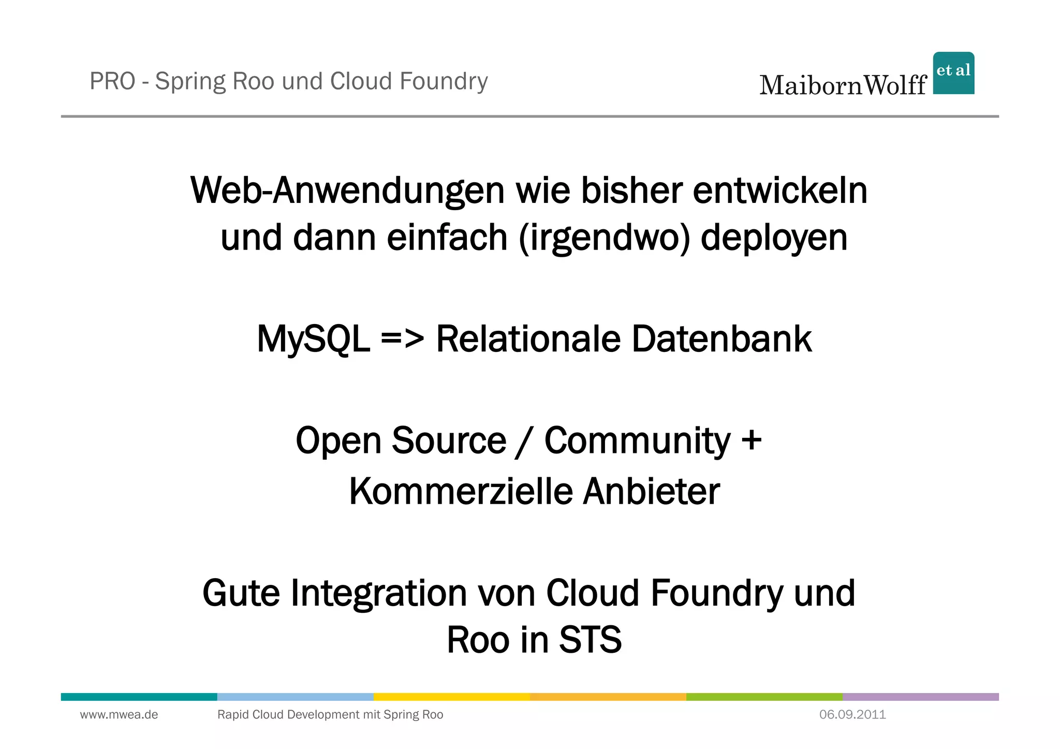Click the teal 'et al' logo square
click(953, 73)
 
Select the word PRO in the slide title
click(112, 81)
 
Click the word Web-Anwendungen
click(347, 191)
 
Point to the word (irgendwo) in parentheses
click(604, 238)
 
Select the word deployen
click(774, 238)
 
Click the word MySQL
click(313, 340)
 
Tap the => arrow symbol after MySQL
click(402, 340)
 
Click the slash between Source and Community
click(525, 442)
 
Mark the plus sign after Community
click(751, 440)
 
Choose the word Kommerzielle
click(461, 491)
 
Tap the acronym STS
click(590, 640)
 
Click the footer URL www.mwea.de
click(119, 715)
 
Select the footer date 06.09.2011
click(852, 715)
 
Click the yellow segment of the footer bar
click(451, 697)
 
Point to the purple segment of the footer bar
click(920, 697)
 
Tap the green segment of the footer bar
click(764, 697)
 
